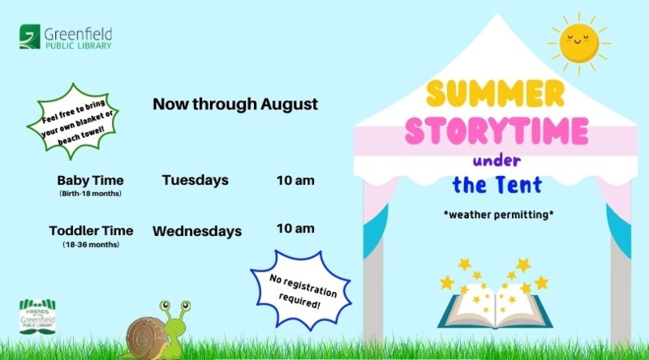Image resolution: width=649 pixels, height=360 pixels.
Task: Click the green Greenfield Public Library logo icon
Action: pos(30,36)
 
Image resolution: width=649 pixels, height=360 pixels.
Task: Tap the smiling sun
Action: pos(579,44)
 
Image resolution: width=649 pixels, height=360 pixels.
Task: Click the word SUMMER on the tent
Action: pos(496,93)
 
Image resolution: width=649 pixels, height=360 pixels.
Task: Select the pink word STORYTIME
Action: pos(496,130)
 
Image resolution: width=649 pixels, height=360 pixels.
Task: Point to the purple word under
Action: pos(496,161)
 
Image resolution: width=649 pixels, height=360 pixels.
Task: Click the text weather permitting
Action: pos(498,215)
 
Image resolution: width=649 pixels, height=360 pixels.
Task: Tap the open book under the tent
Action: pos(495,306)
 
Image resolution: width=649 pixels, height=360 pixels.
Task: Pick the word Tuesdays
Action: pos(195,180)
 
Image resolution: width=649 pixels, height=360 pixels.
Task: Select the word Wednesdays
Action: pos(197,231)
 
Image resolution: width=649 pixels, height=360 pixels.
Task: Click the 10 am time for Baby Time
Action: pos(295,181)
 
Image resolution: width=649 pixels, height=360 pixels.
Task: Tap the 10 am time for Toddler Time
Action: pos(295,229)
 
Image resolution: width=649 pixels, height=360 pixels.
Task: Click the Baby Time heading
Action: pos(90,181)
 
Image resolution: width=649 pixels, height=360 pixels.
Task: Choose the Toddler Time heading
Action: pos(91,230)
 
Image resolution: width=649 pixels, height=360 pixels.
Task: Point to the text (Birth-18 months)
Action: pos(90,194)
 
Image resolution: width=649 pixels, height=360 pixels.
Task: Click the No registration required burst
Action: pos(301,289)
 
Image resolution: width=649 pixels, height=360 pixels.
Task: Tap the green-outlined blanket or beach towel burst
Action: pos(73,122)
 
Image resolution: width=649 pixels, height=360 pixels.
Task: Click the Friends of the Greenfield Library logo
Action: pos(37,316)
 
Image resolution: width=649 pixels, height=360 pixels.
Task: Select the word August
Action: pos(290,105)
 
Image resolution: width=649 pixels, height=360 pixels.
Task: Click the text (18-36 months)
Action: pos(91,245)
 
